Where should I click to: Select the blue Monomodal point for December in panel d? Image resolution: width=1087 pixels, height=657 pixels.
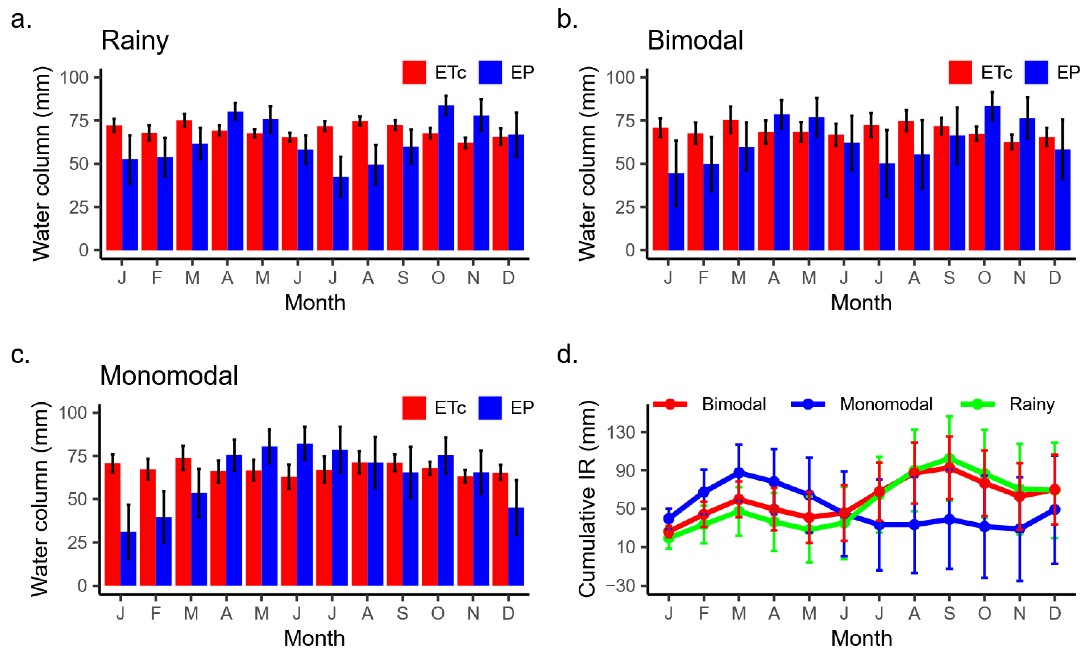tap(1054, 510)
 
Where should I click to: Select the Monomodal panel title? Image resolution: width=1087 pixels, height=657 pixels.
tap(169, 376)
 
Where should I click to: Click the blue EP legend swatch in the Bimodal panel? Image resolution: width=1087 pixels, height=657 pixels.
tap(1036, 72)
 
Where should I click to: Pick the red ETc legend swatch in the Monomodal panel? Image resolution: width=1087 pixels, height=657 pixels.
tap(414, 407)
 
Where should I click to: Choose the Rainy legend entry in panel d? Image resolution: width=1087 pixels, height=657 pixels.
tap(1032, 404)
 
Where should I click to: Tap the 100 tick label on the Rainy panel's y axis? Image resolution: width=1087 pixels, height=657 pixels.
tap(74, 78)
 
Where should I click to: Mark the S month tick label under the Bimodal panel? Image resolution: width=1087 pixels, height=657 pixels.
tap(949, 278)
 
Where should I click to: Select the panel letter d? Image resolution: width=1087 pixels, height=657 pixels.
tap(567, 354)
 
